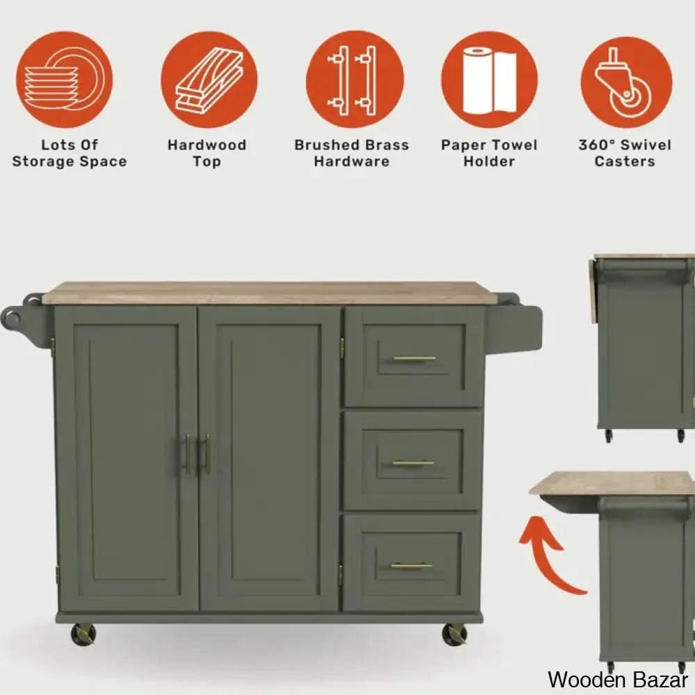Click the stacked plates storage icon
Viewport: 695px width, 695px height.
tap(64, 80)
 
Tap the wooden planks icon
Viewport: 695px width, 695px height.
tap(208, 80)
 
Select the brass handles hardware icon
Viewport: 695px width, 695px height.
tap(354, 80)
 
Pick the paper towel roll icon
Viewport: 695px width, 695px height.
tap(489, 80)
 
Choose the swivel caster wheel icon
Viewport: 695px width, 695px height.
tap(626, 83)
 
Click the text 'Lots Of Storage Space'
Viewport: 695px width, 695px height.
tap(69, 154)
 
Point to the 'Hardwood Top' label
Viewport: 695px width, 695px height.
tap(207, 154)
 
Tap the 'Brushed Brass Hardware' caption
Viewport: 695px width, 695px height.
tap(352, 154)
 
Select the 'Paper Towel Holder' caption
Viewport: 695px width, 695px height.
tap(489, 154)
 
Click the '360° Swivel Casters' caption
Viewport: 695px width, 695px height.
tap(625, 154)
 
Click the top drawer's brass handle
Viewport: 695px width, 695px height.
tap(414, 359)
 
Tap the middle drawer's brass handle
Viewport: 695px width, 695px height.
tap(413, 463)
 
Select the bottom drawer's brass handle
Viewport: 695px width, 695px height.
tap(411, 566)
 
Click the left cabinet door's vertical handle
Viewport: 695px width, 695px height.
tap(187, 454)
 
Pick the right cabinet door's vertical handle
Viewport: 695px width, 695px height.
tap(206, 455)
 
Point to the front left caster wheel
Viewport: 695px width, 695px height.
tap(83, 634)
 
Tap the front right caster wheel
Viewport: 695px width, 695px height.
tap(455, 634)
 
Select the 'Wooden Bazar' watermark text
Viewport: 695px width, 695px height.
tap(618, 680)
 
